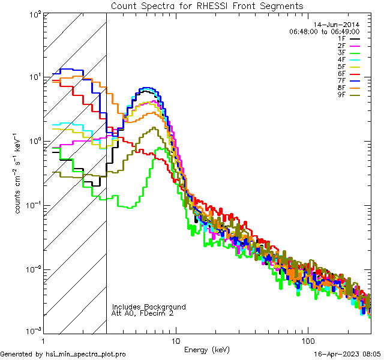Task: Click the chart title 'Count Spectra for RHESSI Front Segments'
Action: (x=207, y=5)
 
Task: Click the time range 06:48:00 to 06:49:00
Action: (x=324, y=31)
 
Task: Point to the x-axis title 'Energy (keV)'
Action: (x=206, y=349)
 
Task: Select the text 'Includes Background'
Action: (x=148, y=307)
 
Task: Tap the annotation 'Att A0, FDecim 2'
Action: (x=143, y=313)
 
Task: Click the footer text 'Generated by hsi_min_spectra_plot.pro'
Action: (x=63, y=355)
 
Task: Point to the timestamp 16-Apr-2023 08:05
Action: (x=347, y=355)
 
